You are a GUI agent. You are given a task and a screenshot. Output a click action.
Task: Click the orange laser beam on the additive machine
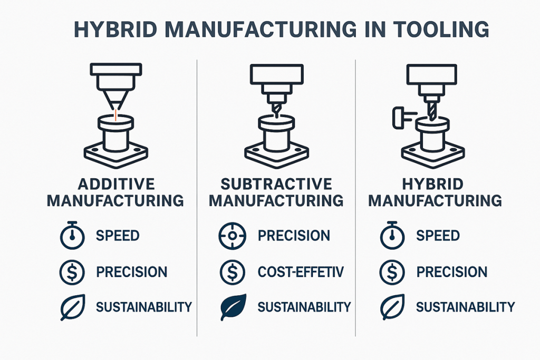click(114, 115)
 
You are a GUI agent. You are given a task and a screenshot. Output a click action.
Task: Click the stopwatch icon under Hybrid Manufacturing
click(391, 236)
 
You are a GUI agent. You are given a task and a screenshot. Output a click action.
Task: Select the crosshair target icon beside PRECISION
click(232, 236)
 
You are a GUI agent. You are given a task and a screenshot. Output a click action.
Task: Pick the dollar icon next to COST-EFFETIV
click(232, 272)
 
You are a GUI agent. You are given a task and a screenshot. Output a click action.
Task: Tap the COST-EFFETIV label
click(301, 272)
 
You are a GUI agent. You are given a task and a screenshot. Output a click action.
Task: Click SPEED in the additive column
click(118, 236)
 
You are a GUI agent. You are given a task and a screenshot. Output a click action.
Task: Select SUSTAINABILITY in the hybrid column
click(465, 307)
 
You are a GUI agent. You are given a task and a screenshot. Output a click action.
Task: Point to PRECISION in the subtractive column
click(294, 236)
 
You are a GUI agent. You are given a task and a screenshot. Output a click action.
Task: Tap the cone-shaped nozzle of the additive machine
click(114, 94)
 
